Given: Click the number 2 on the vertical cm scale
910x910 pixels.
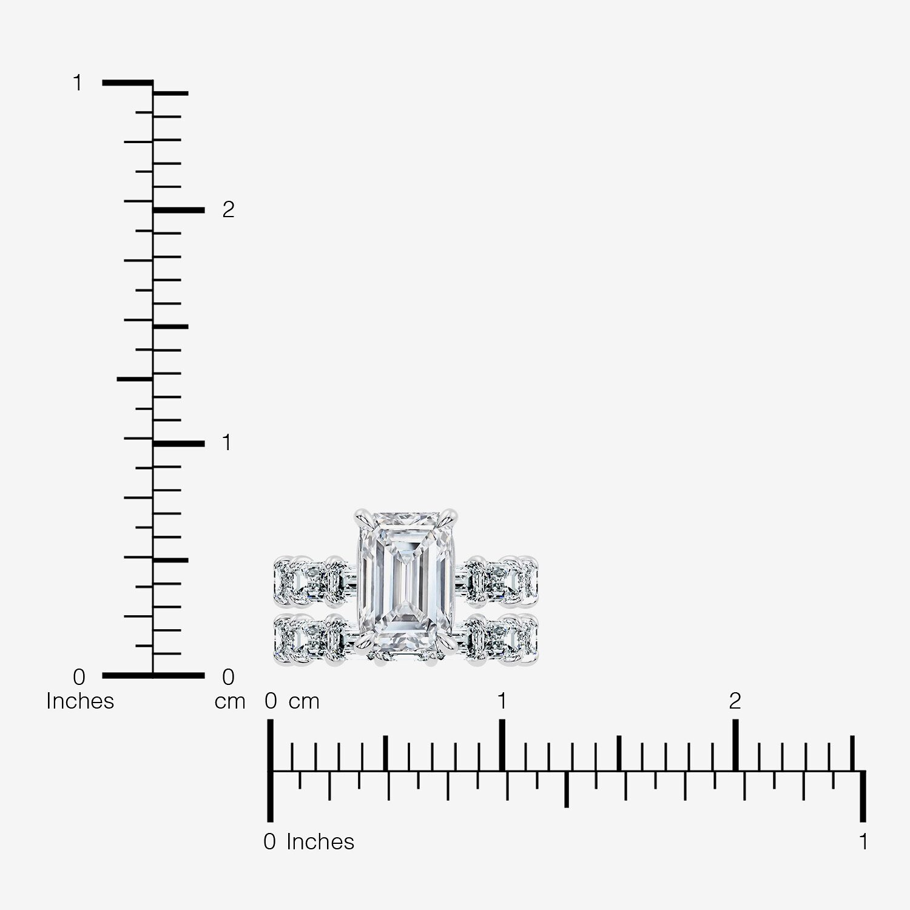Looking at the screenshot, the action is (228, 209).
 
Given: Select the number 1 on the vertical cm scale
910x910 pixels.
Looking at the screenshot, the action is (227, 443).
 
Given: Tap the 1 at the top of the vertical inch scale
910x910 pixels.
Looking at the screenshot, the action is (77, 83).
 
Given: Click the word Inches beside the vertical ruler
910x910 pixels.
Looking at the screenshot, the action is (80, 701).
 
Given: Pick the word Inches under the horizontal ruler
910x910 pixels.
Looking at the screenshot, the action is (320, 842).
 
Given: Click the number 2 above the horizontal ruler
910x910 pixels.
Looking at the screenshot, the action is (735, 701).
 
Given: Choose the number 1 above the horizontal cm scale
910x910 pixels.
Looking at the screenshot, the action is (502, 701).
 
